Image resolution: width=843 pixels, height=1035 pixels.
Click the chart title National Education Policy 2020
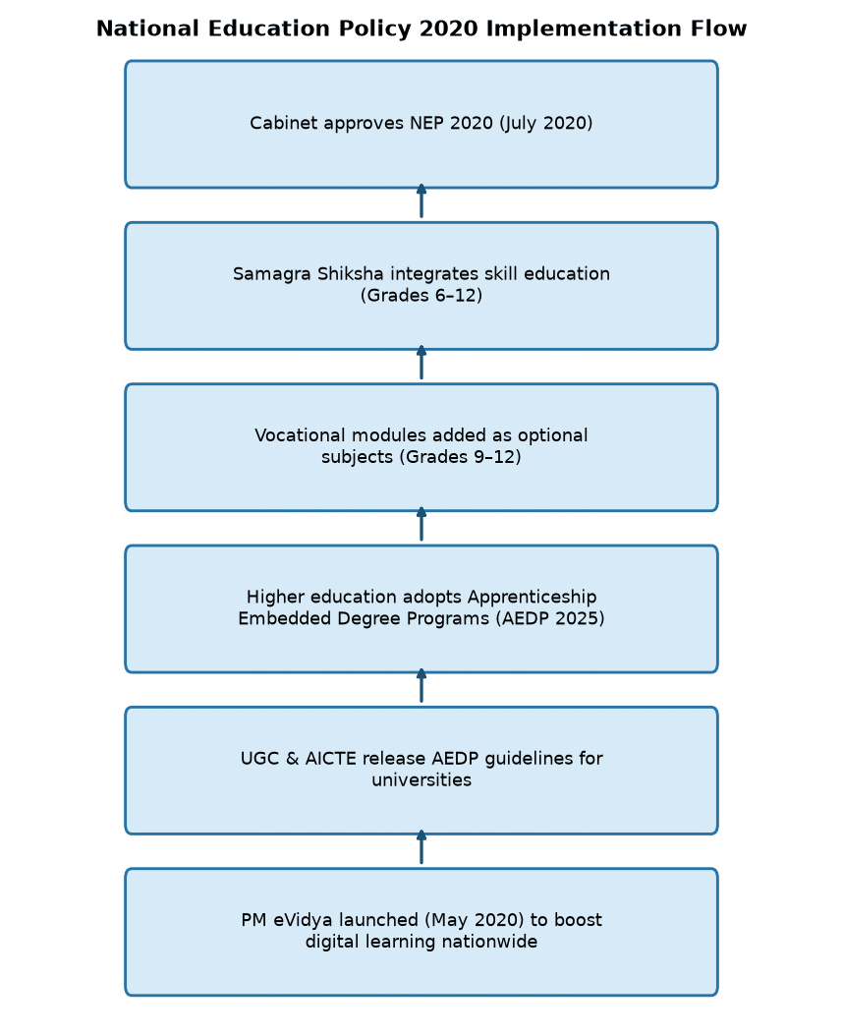pos(421,29)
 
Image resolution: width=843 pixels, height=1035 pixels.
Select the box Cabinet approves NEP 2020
pos(421,124)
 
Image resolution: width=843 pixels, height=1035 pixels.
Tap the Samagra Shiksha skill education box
pos(421,286)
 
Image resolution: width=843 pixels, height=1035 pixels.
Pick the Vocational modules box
pos(421,447)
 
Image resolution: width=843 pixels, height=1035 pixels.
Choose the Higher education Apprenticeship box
pos(421,609)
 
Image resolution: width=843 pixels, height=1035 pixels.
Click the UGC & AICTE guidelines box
pos(421,771)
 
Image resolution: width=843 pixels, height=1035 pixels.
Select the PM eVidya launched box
pos(421,932)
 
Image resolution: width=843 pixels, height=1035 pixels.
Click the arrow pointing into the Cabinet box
pos(421,201)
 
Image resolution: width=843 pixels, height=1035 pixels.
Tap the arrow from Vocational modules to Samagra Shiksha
pos(421,363)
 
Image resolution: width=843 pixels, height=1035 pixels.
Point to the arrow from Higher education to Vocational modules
pos(421,524)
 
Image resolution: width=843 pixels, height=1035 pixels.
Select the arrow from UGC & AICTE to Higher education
pos(421,686)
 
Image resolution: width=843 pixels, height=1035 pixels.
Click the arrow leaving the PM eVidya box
pos(421,847)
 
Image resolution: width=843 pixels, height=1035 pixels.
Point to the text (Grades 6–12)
pos(421,296)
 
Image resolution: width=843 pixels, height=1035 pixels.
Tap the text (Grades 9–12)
pos(461,457)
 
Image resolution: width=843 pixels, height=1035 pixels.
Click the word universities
pos(421,780)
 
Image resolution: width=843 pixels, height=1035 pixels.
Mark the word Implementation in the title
pos(583,29)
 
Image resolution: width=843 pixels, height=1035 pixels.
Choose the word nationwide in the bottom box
pos(489,942)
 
